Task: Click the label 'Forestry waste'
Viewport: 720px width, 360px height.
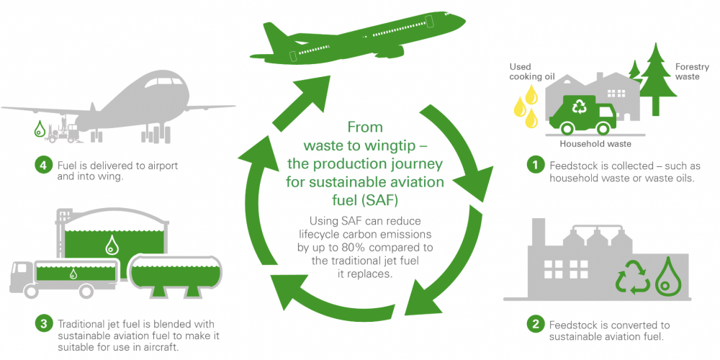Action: click(x=692, y=72)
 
